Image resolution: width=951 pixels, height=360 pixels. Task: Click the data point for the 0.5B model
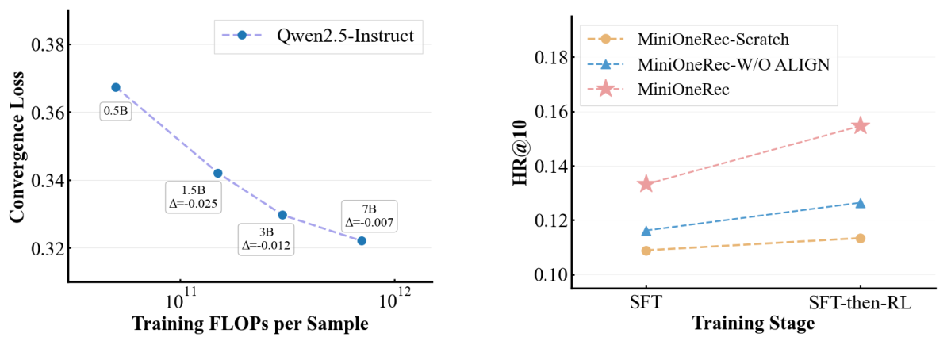tap(116, 87)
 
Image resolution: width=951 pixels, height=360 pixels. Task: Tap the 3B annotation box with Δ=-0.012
tap(267, 239)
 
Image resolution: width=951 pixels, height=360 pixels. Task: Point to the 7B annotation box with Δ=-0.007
tap(369, 216)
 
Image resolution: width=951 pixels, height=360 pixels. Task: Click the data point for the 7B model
tap(362, 240)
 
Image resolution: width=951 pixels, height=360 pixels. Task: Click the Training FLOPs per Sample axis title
tap(249, 324)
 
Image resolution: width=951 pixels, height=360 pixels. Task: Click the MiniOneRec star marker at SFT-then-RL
tap(861, 126)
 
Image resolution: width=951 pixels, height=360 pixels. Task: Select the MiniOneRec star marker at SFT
tap(646, 184)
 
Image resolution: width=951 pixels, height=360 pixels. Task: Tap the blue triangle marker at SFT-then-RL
tap(861, 203)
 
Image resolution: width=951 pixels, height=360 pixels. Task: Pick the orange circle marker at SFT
tap(646, 251)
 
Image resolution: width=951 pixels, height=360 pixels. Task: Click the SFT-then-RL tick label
tap(860, 302)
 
